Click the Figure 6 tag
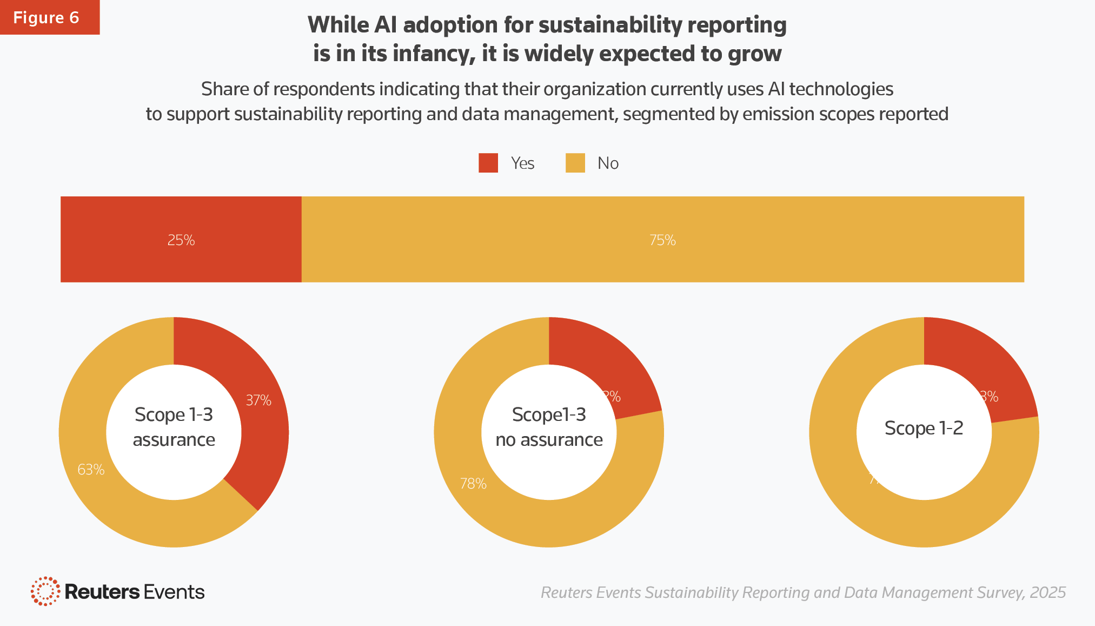(x=47, y=17)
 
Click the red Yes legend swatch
(x=488, y=163)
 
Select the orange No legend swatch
(x=575, y=163)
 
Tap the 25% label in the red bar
(x=181, y=240)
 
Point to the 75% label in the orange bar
(x=662, y=240)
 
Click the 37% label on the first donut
(x=258, y=400)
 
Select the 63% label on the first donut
(x=91, y=470)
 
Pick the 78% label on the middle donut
(x=473, y=484)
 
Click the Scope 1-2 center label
(x=924, y=429)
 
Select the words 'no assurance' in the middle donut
(x=549, y=440)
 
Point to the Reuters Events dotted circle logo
(x=45, y=591)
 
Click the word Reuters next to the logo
(x=102, y=592)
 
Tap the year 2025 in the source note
(x=1047, y=592)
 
